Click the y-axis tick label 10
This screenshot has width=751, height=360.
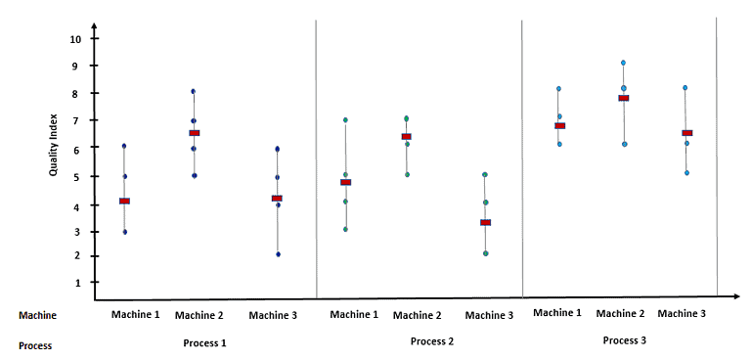click(76, 39)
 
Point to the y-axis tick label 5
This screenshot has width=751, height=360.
click(76, 177)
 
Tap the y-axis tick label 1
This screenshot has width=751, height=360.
click(76, 283)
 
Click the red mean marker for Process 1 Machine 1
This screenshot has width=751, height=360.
click(124, 201)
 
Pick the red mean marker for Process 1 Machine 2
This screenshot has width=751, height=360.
click(194, 132)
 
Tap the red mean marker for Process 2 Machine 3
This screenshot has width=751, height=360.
click(485, 222)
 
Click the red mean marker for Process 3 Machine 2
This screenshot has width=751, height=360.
click(623, 98)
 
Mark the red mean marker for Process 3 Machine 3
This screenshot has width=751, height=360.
click(687, 133)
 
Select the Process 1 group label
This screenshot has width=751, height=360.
click(205, 342)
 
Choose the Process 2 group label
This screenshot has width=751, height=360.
click(431, 341)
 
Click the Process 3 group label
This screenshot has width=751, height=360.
click(624, 339)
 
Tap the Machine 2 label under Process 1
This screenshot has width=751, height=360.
click(199, 316)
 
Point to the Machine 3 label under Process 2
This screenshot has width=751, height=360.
click(489, 315)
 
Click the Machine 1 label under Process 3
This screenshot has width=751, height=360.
click(558, 313)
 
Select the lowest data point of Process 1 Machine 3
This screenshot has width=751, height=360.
click(278, 254)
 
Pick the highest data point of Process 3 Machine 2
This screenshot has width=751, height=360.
click(623, 63)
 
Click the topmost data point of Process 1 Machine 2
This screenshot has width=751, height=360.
click(194, 91)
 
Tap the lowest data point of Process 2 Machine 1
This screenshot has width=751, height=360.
click(345, 229)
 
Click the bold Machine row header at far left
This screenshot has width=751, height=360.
click(38, 315)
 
